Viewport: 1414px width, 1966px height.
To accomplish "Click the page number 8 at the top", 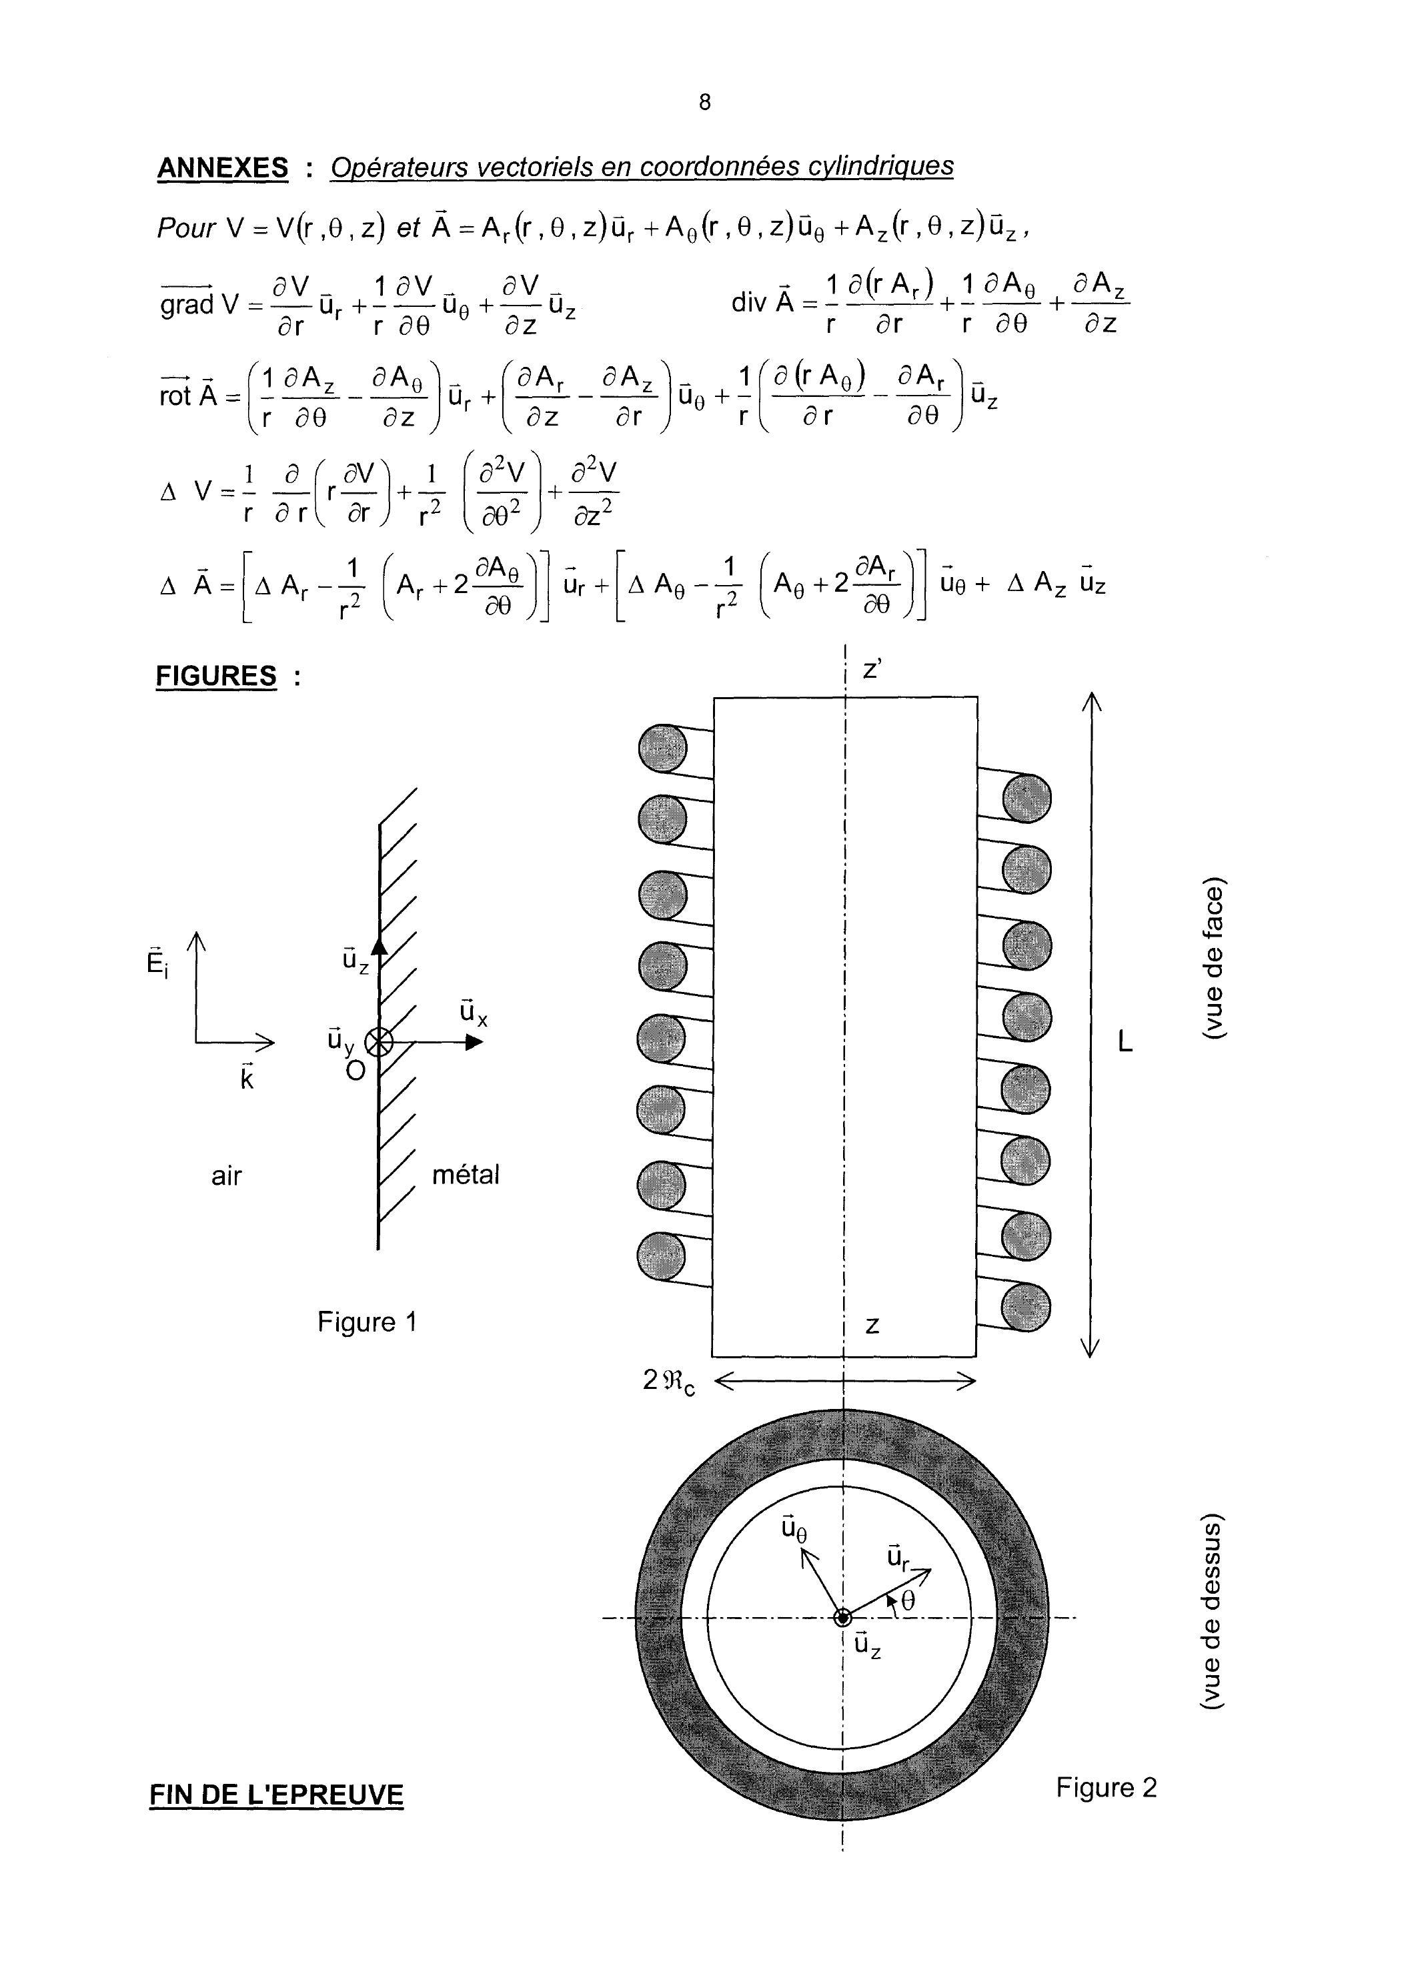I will (x=704, y=102).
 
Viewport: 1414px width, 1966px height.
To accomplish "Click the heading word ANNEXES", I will (x=223, y=167).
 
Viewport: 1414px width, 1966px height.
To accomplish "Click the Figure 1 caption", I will (x=368, y=1322).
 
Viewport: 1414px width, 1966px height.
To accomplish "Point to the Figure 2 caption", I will (x=1106, y=1787).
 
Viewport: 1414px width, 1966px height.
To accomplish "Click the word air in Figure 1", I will (x=226, y=1176).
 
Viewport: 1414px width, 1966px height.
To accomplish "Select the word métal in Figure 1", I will (x=466, y=1175).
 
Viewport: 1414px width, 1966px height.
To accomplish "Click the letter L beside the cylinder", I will (x=1125, y=1043).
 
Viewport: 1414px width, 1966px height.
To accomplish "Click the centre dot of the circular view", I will (x=842, y=1618).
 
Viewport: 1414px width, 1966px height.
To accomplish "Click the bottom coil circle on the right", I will (x=1026, y=1306).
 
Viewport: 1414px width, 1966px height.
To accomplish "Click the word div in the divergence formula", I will (x=750, y=304).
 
